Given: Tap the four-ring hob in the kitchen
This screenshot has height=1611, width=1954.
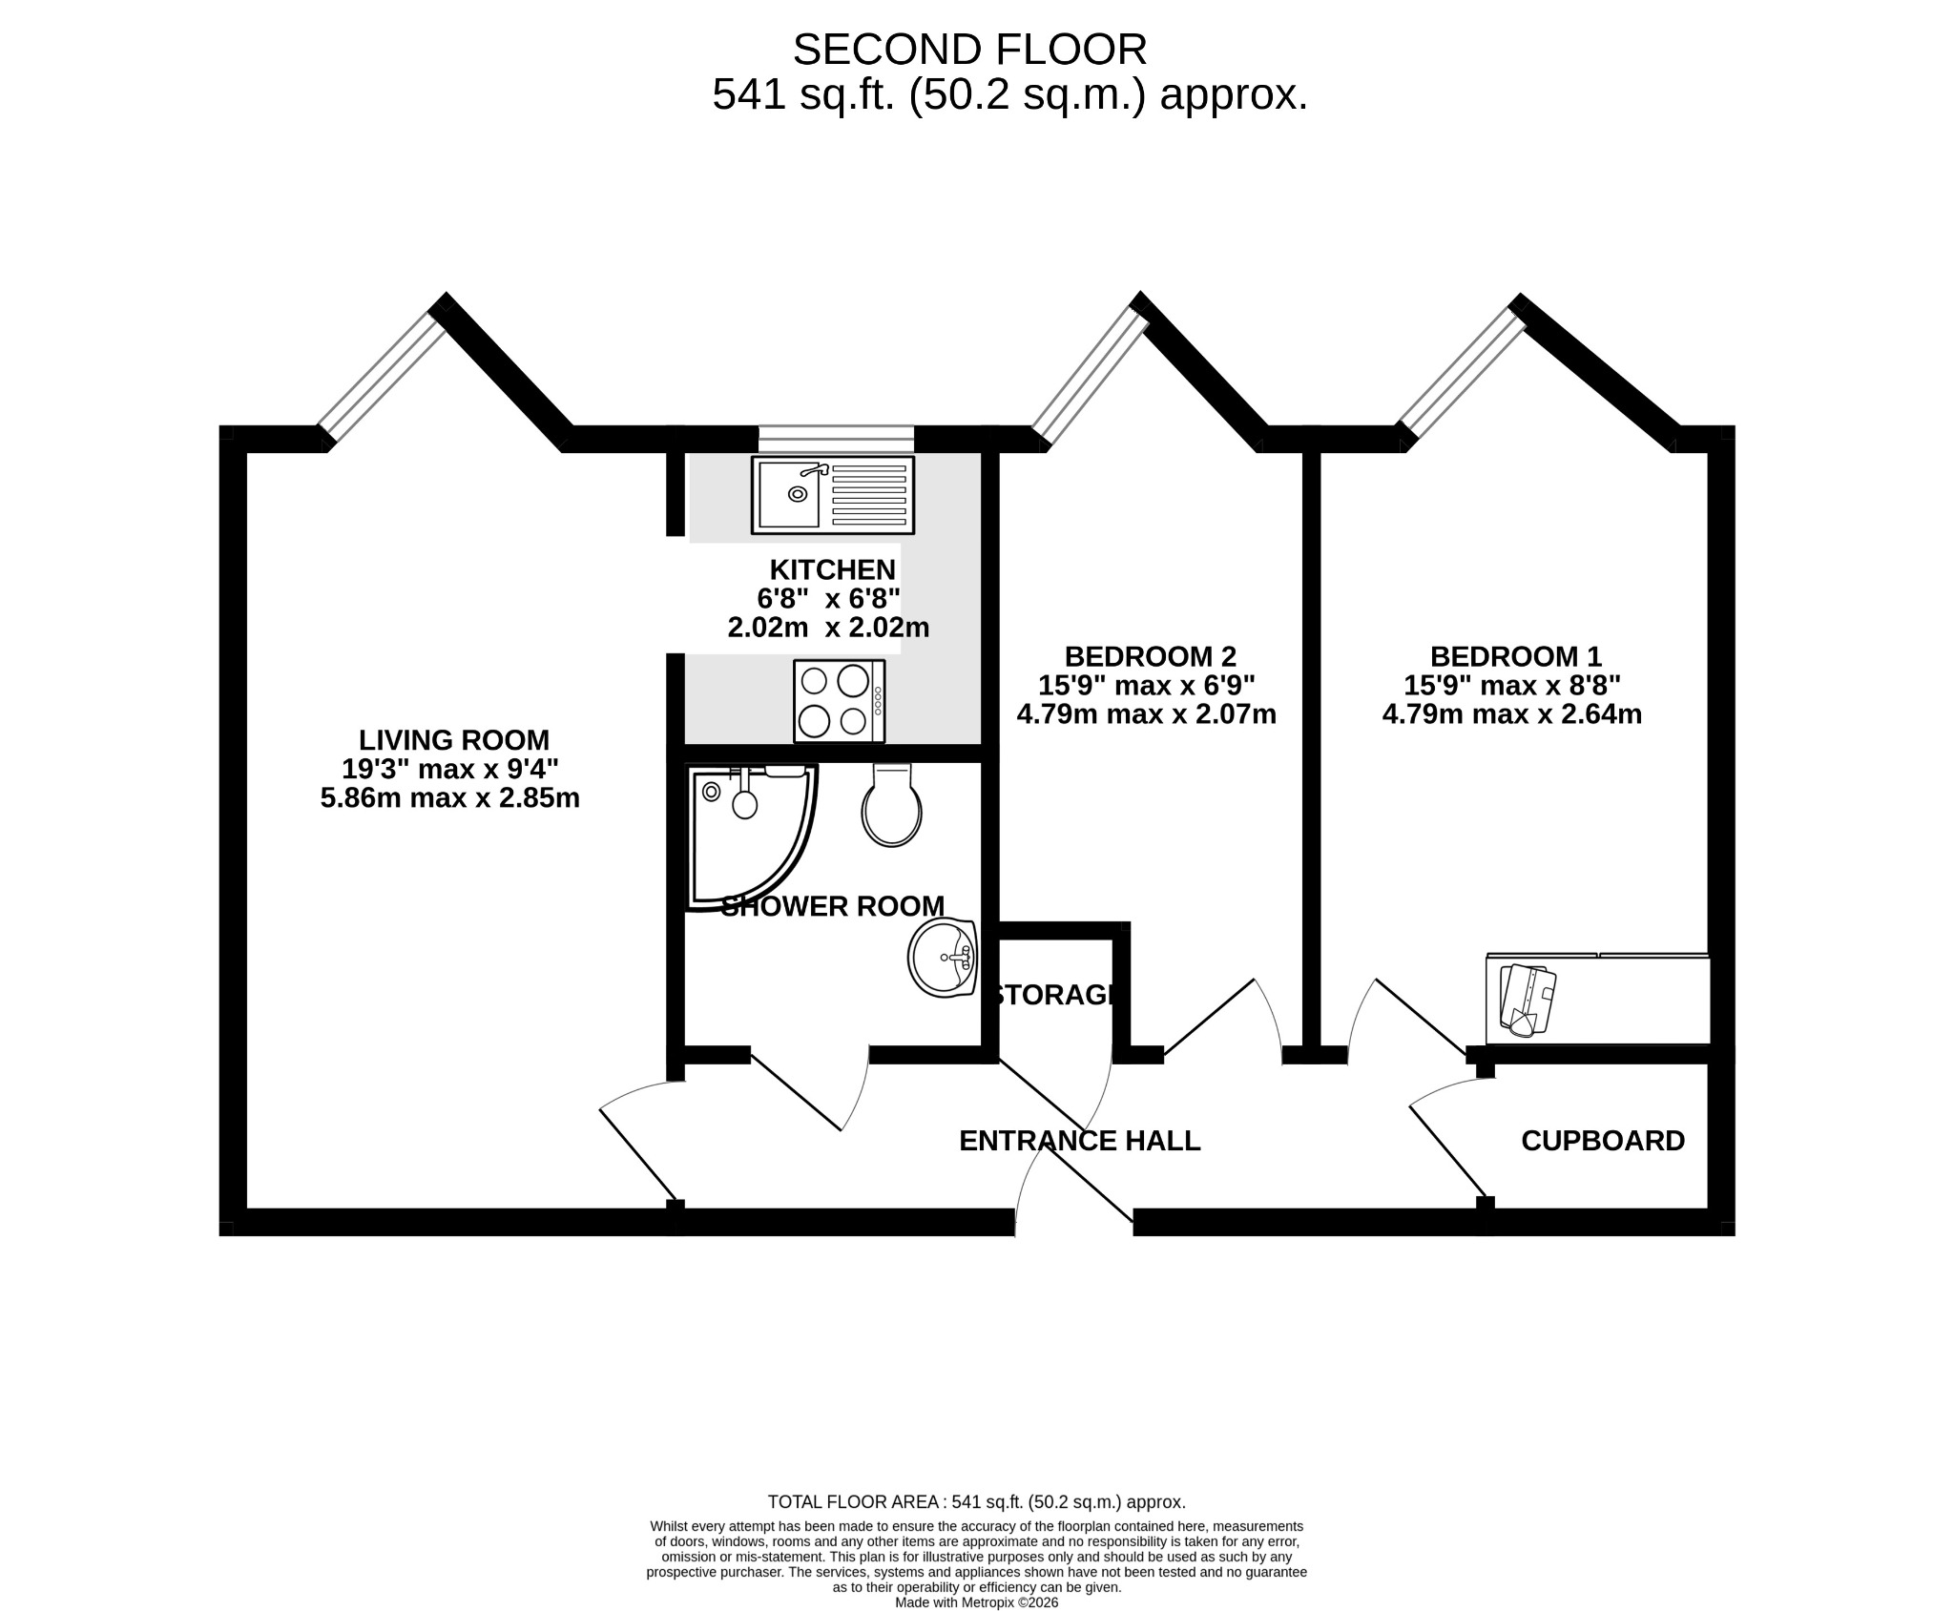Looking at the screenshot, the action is [x=840, y=701].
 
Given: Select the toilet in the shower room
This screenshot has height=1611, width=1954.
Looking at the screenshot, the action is [x=892, y=805].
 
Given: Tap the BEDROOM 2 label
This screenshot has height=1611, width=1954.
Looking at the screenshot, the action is [x=1150, y=656].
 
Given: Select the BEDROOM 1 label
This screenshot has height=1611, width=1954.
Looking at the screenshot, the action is [x=1515, y=656].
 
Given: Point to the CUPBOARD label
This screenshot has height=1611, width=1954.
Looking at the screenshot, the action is [x=1603, y=1141].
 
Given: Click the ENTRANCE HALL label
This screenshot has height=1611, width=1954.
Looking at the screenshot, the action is [x=1079, y=1141].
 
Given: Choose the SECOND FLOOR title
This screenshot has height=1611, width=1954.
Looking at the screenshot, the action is [x=969, y=50].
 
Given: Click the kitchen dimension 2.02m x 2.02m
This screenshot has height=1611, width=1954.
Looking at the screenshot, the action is [x=828, y=628].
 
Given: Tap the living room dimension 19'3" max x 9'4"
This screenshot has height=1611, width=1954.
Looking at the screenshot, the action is [x=450, y=769].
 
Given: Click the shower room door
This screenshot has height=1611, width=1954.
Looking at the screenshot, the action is [x=809, y=1090].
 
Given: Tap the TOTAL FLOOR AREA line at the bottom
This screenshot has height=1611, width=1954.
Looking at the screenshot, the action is [x=976, y=1501].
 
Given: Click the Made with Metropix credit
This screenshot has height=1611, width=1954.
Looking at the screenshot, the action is [x=976, y=1602].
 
